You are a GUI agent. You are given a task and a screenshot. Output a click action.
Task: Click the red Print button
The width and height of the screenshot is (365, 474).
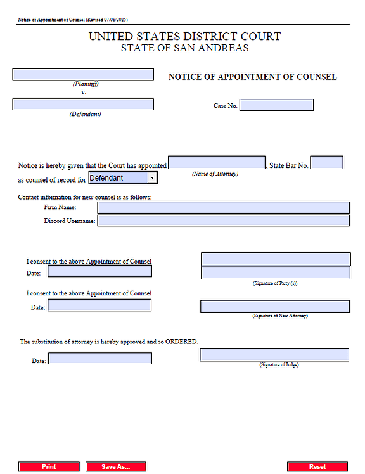[49, 466]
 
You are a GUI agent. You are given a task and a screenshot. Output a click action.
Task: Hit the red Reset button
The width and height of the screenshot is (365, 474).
[317, 466]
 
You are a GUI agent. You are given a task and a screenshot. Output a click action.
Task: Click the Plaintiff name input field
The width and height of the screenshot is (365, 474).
[83, 75]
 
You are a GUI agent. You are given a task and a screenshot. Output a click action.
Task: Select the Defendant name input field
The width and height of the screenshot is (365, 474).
[83, 105]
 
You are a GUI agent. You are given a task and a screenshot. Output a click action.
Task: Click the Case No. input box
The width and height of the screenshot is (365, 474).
[276, 105]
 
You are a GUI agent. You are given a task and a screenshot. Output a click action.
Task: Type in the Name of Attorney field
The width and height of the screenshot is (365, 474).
[217, 163]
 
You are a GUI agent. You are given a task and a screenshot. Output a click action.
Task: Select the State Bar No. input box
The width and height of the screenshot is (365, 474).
[326, 163]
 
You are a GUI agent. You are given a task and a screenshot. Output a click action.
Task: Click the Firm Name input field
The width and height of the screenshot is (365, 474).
[223, 207]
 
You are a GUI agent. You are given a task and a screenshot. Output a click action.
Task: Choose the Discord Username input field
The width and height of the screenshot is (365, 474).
[223, 221]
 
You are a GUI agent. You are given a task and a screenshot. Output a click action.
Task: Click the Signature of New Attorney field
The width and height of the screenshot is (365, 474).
[275, 306]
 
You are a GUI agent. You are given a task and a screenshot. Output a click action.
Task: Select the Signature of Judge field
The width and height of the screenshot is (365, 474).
[274, 355]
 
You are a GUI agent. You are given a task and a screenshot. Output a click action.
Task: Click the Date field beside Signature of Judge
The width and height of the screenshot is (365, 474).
[100, 359]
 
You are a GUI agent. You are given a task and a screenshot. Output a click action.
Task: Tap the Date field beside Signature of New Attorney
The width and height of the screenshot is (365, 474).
[99, 305]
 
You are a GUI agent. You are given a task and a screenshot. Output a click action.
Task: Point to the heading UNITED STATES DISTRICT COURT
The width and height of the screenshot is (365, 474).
[184, 37]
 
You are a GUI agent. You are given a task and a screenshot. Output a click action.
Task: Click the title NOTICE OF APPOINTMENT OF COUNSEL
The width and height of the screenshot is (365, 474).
[252, 77]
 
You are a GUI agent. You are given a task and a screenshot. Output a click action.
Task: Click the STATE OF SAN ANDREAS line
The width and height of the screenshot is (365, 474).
[184, 48]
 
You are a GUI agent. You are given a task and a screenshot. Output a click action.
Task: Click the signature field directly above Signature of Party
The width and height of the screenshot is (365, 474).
[276, 272]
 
